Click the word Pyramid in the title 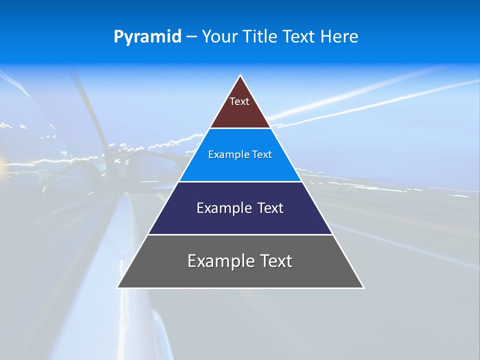(147, 37)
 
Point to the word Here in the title (339, 37)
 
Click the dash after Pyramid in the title (191, 37)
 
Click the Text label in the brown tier (239, 101)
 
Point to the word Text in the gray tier (275, 261)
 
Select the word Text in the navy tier (270, 208)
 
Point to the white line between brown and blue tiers (240, 128)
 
